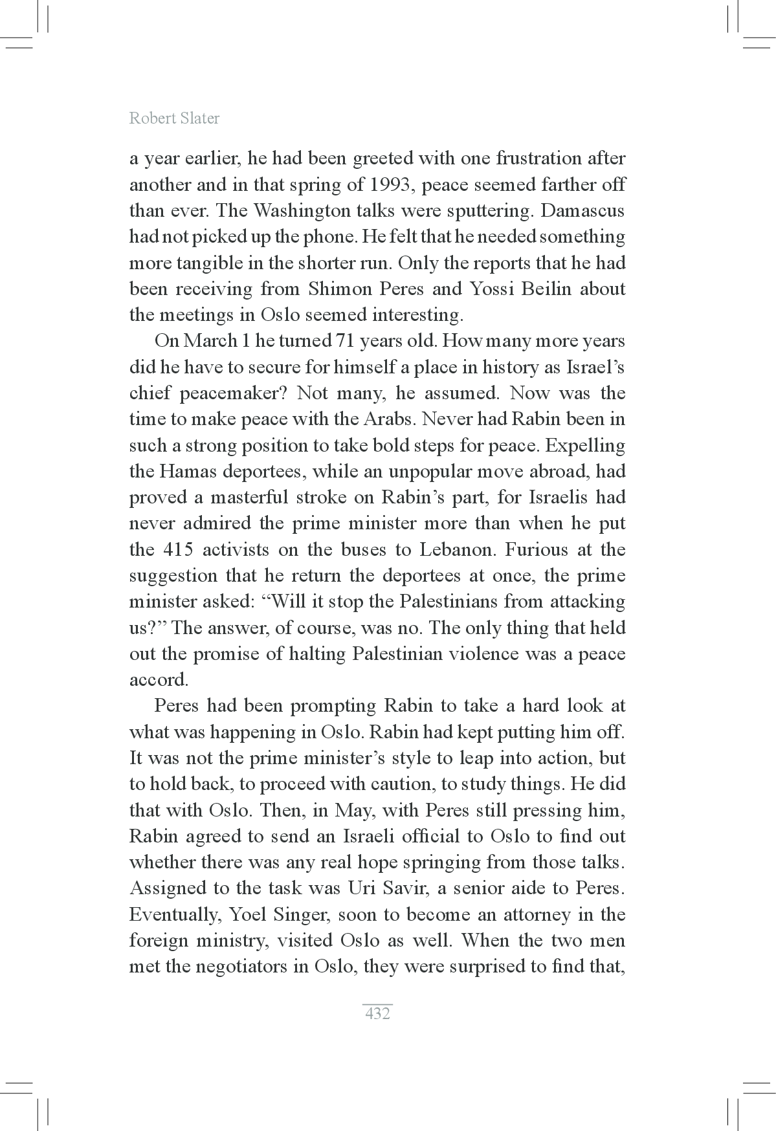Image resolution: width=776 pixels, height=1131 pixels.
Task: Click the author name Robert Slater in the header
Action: click(x=174, y=118)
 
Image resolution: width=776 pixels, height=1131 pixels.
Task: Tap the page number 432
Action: click(x=377, y=1013)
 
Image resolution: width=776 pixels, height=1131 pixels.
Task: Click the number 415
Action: click(x=178, y=549)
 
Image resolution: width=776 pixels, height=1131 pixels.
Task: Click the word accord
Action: click(x=159, y=680)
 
